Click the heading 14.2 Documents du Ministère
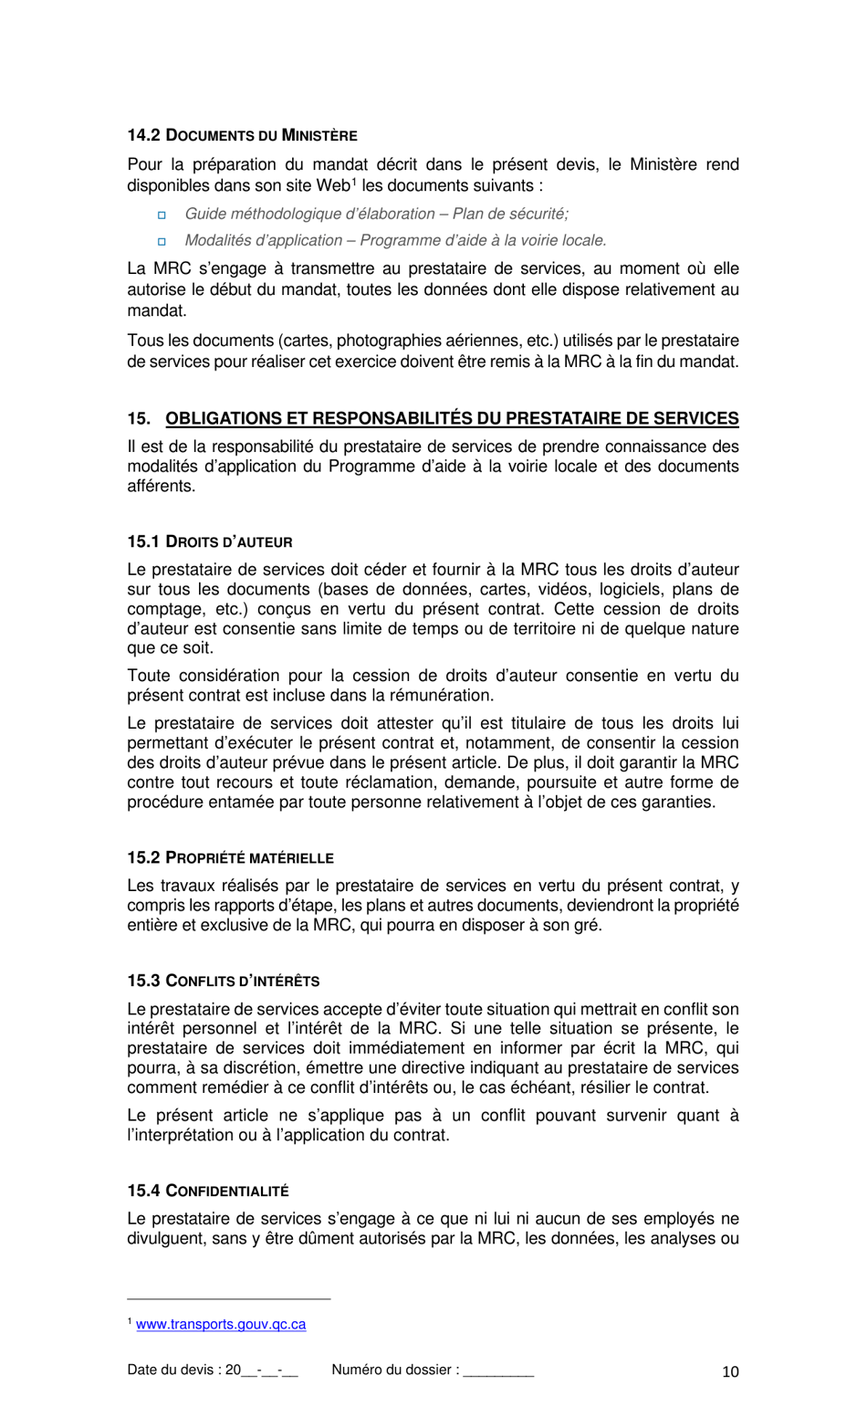242,135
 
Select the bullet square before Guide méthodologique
162,215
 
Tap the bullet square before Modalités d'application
162,241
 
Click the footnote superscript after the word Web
353,181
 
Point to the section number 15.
138,419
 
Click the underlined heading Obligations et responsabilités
452,419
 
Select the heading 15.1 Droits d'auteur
209,541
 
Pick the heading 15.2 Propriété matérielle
230,857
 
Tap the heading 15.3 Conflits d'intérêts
223,981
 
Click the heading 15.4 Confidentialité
207,1191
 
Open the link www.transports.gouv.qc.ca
221,1324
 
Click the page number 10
730,1371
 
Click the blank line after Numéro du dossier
498,1371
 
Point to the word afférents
161,486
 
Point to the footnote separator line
228,1298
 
